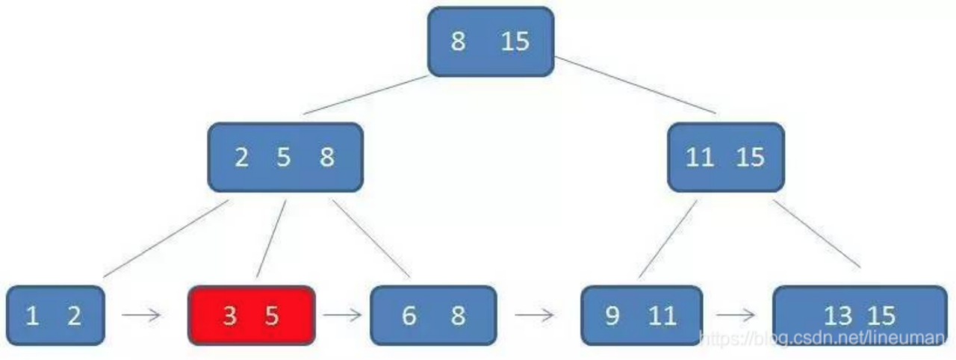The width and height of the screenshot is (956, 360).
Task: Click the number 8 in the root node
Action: (x=458, y=41)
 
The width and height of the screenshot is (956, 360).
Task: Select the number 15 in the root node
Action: (x=515, y=41)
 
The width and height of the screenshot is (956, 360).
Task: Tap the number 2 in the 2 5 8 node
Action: (x=241, y=158)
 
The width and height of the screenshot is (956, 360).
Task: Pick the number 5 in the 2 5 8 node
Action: (x=283, y=158)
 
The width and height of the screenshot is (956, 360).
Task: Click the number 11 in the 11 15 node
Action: (x=699, y=158)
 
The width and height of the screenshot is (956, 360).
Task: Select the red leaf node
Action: (x=251, y=315)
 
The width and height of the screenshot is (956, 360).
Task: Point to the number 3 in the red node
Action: (x=229, y=316)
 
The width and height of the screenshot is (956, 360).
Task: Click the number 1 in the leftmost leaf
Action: (x=32, y=316)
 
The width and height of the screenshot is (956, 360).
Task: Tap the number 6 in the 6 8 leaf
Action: (x=409, y=316)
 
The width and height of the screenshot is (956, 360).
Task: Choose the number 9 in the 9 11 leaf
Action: (x=612, y=316)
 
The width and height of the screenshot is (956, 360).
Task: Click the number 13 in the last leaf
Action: (x=837, y=316)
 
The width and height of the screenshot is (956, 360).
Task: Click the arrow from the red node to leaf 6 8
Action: (x=342, y=315)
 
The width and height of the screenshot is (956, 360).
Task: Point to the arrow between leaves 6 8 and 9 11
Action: (x=534, y=315)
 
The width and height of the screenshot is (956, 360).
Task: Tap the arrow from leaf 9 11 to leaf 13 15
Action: (x=735, y=315)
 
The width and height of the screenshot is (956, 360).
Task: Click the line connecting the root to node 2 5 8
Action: (x=366, y=95)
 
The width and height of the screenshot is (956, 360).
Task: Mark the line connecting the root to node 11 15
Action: (x=635, y=85)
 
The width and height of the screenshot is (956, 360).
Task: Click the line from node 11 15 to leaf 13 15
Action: (x=816, y=233)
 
